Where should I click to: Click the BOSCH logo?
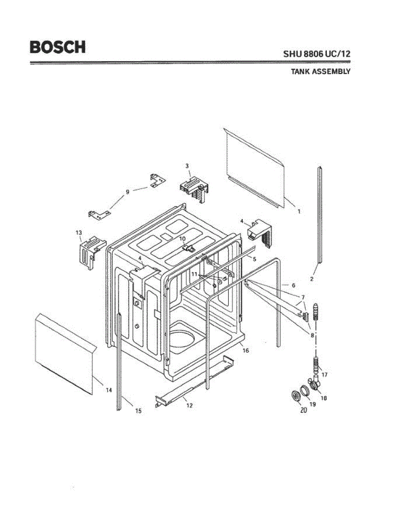click(x=57, y=47)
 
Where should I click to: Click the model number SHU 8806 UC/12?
click(x=316, y=54)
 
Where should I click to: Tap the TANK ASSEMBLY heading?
click(x=321, y=72)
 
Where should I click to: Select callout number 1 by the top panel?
click(x=299, y=211)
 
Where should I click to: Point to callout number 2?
click(x=312, y=279)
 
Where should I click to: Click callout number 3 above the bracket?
click(x=187, y=165)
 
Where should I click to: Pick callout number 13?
click(x=79, y=233)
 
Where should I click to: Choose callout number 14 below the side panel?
click(x=109, y=390)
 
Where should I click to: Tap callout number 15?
click(x=138, y=411)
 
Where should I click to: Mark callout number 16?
click(x=245, y=350)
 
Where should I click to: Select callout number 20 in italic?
click(x=304, y=409)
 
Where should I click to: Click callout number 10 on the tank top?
click(x=182, y=239)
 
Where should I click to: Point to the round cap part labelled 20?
click(x=295, y=396)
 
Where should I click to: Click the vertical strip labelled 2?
click(x=319, y=214)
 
